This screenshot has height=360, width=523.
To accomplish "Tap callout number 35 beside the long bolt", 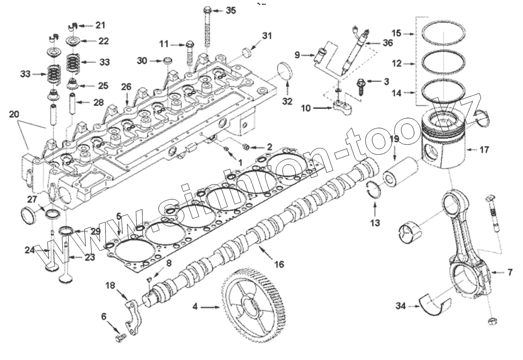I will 231,10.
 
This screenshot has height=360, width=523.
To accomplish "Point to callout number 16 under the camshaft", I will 279,264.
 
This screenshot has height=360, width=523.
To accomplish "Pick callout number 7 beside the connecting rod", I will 509,272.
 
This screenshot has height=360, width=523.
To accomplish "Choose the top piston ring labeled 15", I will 443,33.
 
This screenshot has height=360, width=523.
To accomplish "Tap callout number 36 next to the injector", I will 388,43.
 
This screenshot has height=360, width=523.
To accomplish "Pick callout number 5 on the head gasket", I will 119,216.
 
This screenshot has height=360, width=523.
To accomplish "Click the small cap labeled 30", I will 168,60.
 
